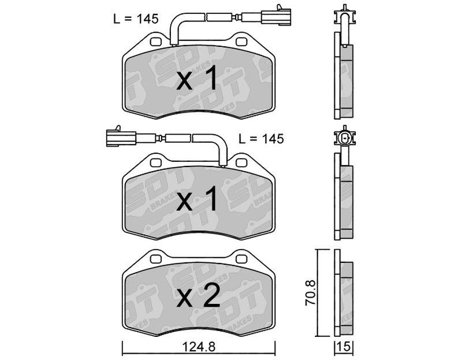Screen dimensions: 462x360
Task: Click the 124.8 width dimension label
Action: click(199, 347)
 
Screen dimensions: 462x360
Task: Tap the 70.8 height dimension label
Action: click(310, 292)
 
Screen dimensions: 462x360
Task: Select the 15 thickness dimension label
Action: click(344, 347)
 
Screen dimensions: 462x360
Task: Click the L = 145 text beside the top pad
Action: click(136, 19)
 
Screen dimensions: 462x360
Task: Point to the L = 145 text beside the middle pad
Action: click(261, 139)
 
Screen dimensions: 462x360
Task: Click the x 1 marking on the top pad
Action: click(197, 78)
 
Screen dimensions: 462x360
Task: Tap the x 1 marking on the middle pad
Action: click(197, 198)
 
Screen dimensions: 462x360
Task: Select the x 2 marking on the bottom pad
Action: click(198, 296)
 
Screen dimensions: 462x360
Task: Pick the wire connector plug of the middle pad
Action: click(121, 137)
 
